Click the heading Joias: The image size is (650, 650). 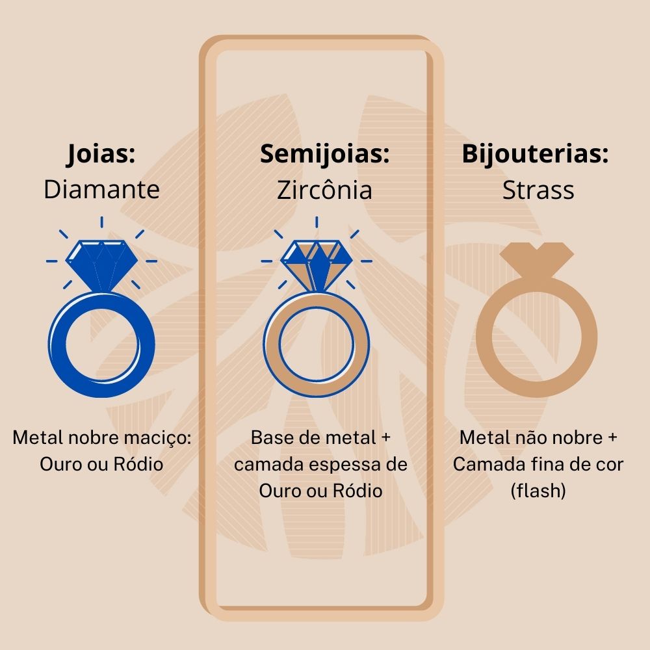tap(101, 155)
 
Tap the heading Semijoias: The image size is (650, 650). tap(324, 155)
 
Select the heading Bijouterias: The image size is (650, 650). tap(535, 155)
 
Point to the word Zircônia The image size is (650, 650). tap(324, 190)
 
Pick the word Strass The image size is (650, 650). tap(538, 190)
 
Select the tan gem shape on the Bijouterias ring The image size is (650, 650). tap(537, 258)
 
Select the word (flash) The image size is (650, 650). tap(538, 491)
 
